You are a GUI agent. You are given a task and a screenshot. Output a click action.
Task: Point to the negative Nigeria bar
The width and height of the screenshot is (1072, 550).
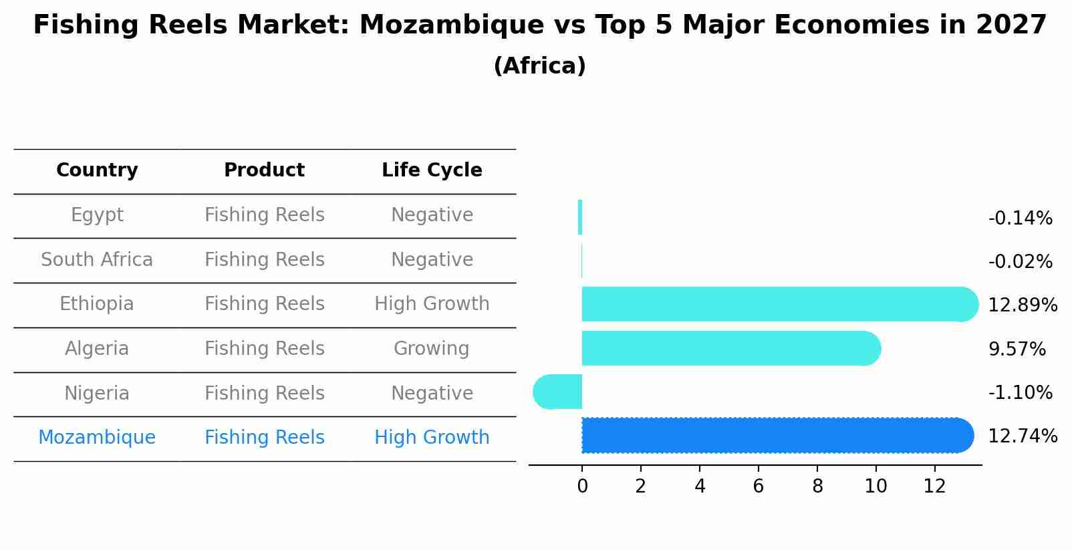click(558, 392)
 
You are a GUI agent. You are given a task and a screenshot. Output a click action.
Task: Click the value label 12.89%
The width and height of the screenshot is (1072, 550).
click(1022, 305)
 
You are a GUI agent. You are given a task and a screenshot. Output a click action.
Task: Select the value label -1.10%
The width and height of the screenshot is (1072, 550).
click(1020, 393)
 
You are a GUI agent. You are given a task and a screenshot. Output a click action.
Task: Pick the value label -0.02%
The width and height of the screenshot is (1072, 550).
click(1020, 262)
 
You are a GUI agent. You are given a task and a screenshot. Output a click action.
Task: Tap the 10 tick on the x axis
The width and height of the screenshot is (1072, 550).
click(876, 487)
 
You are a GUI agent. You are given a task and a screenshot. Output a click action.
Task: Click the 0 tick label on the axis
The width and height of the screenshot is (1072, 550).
click(582, 487)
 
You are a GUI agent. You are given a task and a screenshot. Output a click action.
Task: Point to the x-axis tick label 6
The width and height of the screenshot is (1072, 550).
click(758, 487)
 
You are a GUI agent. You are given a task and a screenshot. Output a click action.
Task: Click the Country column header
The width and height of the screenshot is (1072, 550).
click(97, 170)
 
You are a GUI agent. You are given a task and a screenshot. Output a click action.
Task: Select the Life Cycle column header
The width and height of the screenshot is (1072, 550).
click(432, 170)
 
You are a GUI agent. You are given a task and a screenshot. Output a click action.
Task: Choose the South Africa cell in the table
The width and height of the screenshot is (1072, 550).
click(97, 260)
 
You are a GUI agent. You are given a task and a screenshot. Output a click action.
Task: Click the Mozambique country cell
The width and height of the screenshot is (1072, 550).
click(97, 438)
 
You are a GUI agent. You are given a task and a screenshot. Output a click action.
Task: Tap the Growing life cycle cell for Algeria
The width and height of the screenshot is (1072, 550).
click(432, 349)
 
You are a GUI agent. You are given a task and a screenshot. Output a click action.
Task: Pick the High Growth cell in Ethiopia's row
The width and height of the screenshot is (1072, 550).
click(432, 304)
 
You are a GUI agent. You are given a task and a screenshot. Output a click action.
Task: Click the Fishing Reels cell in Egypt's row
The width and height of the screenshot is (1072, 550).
click(264, 215)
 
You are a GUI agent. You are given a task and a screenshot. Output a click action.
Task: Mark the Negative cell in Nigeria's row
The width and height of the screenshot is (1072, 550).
click(432, 393)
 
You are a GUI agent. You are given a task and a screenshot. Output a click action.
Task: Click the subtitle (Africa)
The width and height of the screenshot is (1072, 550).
click(539, 66)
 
